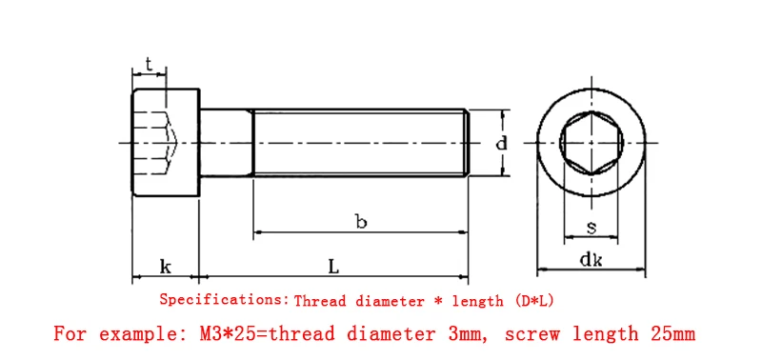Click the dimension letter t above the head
coord(149,64)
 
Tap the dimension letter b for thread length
coord(360,222)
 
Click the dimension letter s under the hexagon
coord(591,227)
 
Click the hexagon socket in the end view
coord(592,143)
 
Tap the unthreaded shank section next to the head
coord(226,143)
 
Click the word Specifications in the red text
coord(221,300)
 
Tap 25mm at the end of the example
coord(667,334)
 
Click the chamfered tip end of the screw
coord(467,143)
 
